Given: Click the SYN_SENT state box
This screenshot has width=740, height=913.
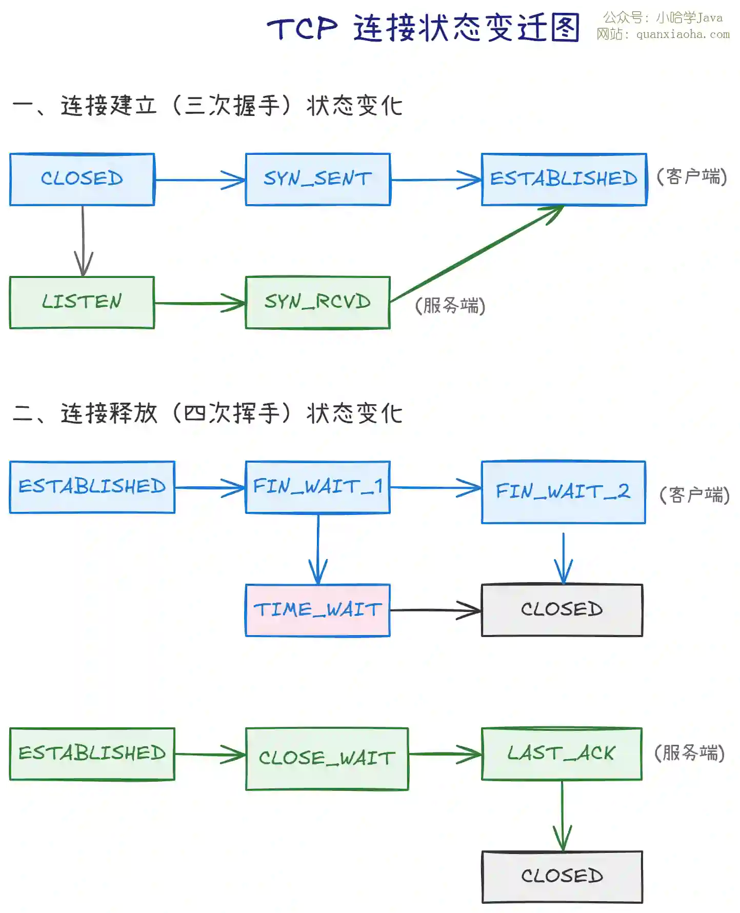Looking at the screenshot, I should [x=318, y=180].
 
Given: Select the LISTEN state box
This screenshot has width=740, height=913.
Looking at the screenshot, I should [x=82, y=303].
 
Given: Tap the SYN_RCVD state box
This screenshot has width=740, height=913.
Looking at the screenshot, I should [x=318, y=303].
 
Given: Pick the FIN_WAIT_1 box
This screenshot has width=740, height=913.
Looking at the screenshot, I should [x=318, y=487].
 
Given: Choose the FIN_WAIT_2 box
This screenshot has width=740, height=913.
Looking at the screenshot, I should [x=563, y=492].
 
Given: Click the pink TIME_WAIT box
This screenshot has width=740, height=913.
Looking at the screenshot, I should [x=318, y=610].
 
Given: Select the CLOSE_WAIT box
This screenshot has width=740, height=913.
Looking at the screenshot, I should [x=327, y=759].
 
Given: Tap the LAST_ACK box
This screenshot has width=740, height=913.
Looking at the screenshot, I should [x=562, y=754].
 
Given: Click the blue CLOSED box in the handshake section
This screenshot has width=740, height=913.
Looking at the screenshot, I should [x=82, y=180].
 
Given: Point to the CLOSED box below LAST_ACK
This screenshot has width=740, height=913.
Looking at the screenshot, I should [x=562, y=877].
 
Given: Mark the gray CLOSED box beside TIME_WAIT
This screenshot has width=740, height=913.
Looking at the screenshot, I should [x=562, y=610].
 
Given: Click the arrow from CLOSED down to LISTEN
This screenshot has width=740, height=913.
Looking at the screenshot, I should [x=83, y=241].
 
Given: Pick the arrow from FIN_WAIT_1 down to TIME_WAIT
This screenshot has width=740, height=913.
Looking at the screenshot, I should [x=318, y=549].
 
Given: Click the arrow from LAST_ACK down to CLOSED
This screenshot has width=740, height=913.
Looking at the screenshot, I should [x=562, y=816].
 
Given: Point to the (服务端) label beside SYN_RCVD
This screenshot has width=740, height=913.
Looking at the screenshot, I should [x=450, y=306].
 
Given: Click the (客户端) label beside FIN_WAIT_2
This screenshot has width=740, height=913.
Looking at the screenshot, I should [x=694, y=495].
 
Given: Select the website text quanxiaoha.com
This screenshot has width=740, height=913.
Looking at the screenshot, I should [x=683, y=35].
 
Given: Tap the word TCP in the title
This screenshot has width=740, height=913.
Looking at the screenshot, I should [x=303, y=28].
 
